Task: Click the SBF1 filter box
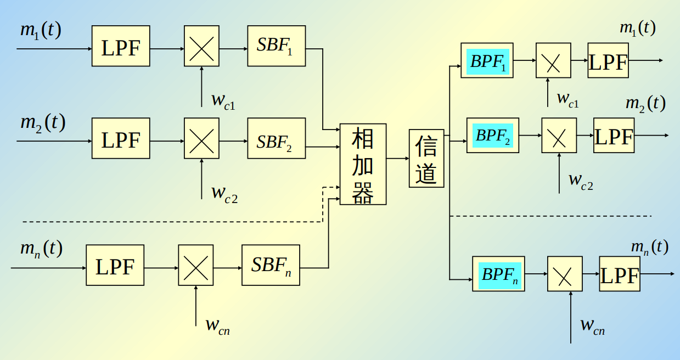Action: [x=276, y=46]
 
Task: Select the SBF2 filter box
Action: [x=276, y=138]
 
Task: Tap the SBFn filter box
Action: [x=271, y=265]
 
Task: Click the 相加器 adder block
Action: [x=363, y=164]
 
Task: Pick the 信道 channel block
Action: [x=426, y=159]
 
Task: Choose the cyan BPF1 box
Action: [x=487, y=61]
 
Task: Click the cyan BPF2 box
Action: [x=493, y=135]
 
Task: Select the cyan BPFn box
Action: [x=499, y=274]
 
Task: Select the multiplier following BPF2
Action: [x=559, y=135]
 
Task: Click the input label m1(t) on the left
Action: [x=40, y=30]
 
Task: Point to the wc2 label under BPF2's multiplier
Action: [x=581, y=179]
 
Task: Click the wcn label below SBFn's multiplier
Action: [x=217, y=325]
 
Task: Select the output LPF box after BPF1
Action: [x=608, y=61]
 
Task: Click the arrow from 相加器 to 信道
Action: [x=397, y=159]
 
